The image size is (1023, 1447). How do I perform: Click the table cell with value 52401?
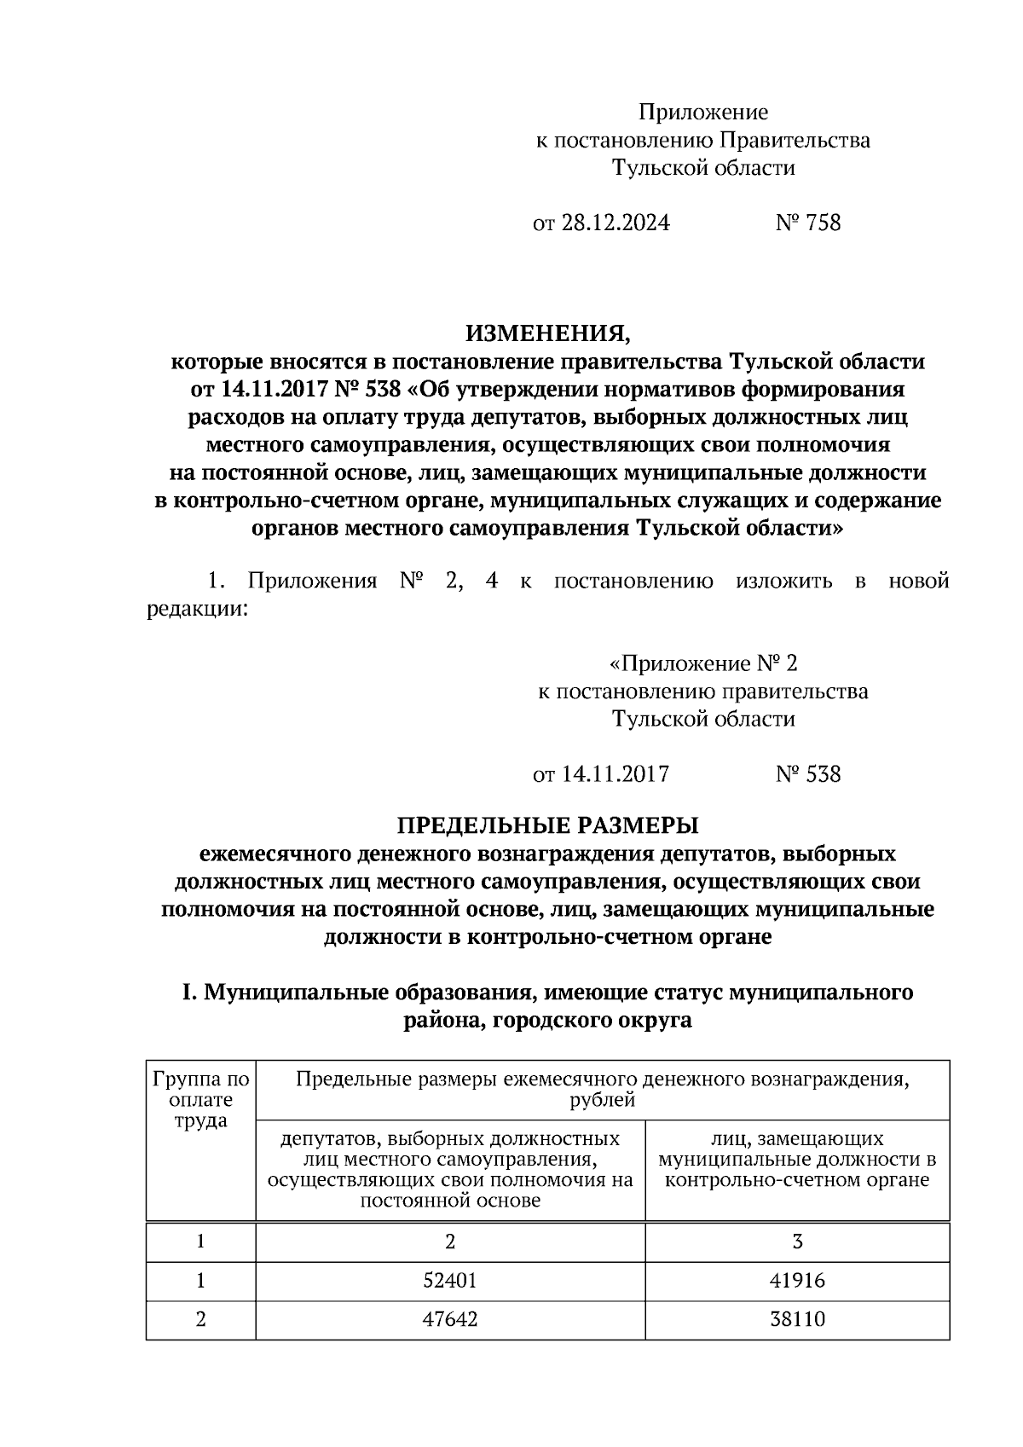450,1280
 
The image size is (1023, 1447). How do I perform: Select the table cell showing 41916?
797,1280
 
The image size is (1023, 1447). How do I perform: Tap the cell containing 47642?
450,1319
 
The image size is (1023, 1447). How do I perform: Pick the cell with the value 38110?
797,1319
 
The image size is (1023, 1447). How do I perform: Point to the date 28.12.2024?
615,223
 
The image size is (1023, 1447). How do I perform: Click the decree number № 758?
808,223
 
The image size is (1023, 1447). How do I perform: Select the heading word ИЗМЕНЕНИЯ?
548,333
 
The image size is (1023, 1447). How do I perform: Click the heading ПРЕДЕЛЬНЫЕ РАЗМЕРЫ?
548,825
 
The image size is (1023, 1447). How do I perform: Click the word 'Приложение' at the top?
703,112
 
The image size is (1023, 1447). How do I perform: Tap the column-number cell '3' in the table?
797,1241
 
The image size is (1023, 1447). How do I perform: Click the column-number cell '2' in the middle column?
450,1241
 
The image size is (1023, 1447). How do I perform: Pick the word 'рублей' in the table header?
602,1100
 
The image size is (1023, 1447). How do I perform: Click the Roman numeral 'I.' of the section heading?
189,993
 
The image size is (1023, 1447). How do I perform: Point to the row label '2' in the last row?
201,1319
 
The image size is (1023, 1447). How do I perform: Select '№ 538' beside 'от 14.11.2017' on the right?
808,774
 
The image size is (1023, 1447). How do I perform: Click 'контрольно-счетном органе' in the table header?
797,1180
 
